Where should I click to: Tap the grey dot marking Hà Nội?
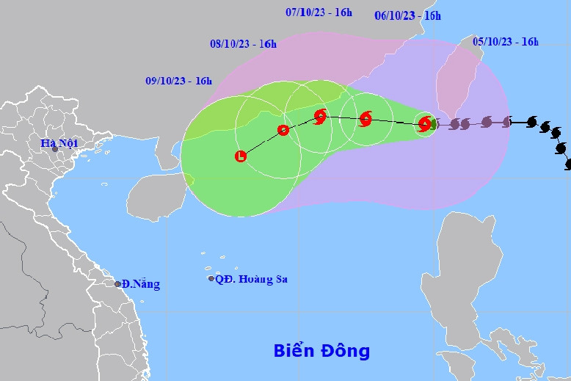click(54, 150)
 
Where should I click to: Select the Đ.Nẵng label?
click(141, 284)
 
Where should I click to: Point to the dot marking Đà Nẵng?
click(117, 284)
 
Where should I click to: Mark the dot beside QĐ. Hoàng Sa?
click(211, 279)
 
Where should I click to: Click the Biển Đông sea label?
click(321, 351)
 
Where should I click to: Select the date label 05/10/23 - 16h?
click(506, 42)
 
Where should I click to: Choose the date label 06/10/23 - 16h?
click(407, 15)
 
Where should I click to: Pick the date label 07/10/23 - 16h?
click(319, 12)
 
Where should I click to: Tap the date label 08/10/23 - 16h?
click(243, 44)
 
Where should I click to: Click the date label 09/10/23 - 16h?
click(178, 81)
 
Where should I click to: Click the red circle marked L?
click(241, 156)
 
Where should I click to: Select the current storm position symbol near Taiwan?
click(425, 124)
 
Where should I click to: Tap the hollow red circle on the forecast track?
click(283, 131)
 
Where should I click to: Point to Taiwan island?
click(453, 81)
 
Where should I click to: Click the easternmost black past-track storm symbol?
click(568, 164)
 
